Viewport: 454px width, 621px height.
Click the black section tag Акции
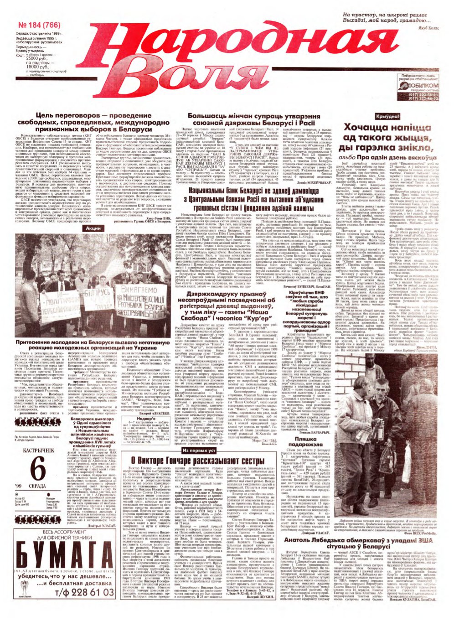93,228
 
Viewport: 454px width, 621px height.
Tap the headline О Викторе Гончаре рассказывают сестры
197,461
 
